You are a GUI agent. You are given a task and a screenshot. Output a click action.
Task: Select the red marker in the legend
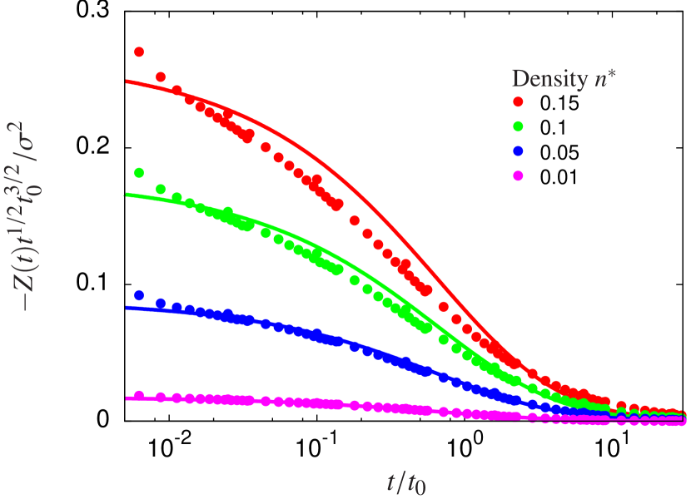518,101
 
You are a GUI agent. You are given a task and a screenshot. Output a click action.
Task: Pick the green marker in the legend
518,126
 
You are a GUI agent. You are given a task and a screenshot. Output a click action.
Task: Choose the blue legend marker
518,151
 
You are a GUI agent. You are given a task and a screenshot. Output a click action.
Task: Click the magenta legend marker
518,175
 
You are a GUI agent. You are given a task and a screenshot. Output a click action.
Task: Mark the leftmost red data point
139,52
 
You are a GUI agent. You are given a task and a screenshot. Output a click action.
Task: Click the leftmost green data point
139,173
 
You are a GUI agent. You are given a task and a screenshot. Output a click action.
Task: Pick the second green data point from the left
161,188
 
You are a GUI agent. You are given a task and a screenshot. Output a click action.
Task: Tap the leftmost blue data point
139,295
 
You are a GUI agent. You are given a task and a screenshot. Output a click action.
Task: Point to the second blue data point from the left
161,304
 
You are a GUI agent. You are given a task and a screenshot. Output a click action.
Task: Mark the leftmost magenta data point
139,395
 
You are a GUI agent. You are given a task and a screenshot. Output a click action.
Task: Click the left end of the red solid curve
127,81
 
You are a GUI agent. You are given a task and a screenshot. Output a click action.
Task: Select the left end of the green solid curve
125,195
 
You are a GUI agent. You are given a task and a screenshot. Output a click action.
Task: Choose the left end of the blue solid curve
127,308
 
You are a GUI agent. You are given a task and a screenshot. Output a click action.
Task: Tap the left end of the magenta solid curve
127,399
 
